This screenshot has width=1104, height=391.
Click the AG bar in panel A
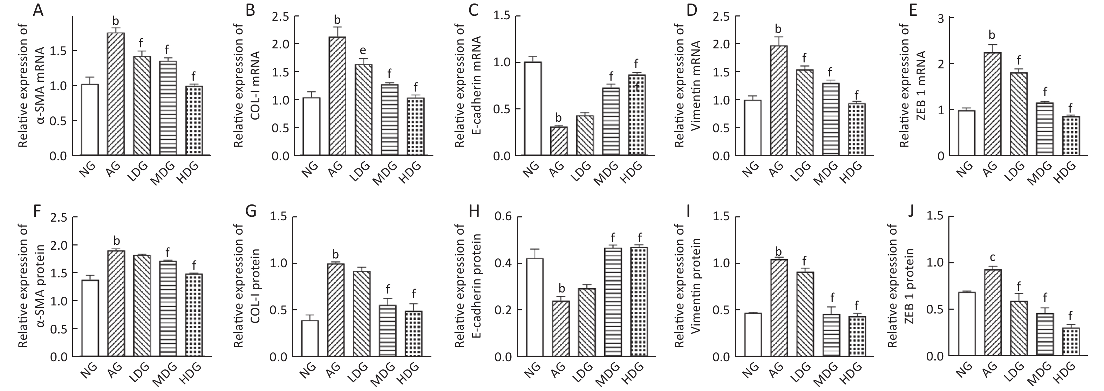pos(116,94)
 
